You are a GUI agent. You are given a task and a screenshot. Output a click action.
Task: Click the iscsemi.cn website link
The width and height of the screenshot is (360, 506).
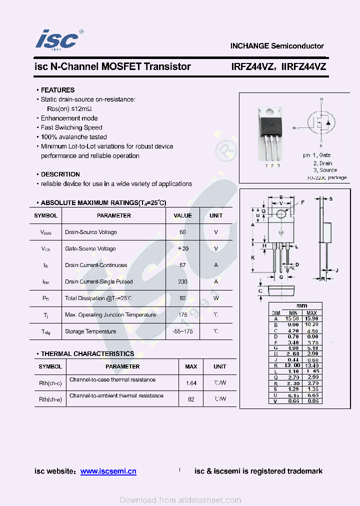coord(108,471)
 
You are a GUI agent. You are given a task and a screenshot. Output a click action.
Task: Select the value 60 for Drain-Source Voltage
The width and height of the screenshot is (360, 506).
coord(182,232)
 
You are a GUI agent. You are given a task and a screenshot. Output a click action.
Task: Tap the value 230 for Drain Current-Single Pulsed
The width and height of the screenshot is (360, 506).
coord(182,281)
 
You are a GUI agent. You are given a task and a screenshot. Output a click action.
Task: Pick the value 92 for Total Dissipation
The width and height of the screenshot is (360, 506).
coord(182,298)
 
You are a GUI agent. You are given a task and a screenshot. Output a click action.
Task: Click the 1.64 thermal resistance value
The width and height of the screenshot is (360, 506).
coord(191,383)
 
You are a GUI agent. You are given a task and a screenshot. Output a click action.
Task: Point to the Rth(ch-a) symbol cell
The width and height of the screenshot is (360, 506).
coord(50,399)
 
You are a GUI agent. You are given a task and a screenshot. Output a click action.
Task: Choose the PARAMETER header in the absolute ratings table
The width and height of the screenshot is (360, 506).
coord(114,215)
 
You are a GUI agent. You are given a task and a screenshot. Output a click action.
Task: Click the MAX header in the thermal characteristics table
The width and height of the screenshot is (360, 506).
coord(191,366)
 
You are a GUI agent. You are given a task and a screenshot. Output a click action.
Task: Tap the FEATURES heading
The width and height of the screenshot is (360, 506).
coord(57,90)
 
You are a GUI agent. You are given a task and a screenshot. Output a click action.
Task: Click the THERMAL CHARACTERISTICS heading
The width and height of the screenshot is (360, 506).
coord(87,353)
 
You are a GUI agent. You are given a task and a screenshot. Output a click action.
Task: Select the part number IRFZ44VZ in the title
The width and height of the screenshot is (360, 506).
coord(252,66)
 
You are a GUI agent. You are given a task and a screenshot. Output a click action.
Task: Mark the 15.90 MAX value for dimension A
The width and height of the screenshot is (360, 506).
coord(311,318)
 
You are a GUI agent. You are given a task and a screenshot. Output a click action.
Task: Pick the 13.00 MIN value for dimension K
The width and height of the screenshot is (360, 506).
coord(293,365)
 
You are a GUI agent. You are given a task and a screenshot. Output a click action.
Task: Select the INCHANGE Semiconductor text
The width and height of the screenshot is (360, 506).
coord(277,46)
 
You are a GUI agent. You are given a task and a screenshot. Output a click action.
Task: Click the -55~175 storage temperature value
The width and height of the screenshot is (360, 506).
coord(182,331)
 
